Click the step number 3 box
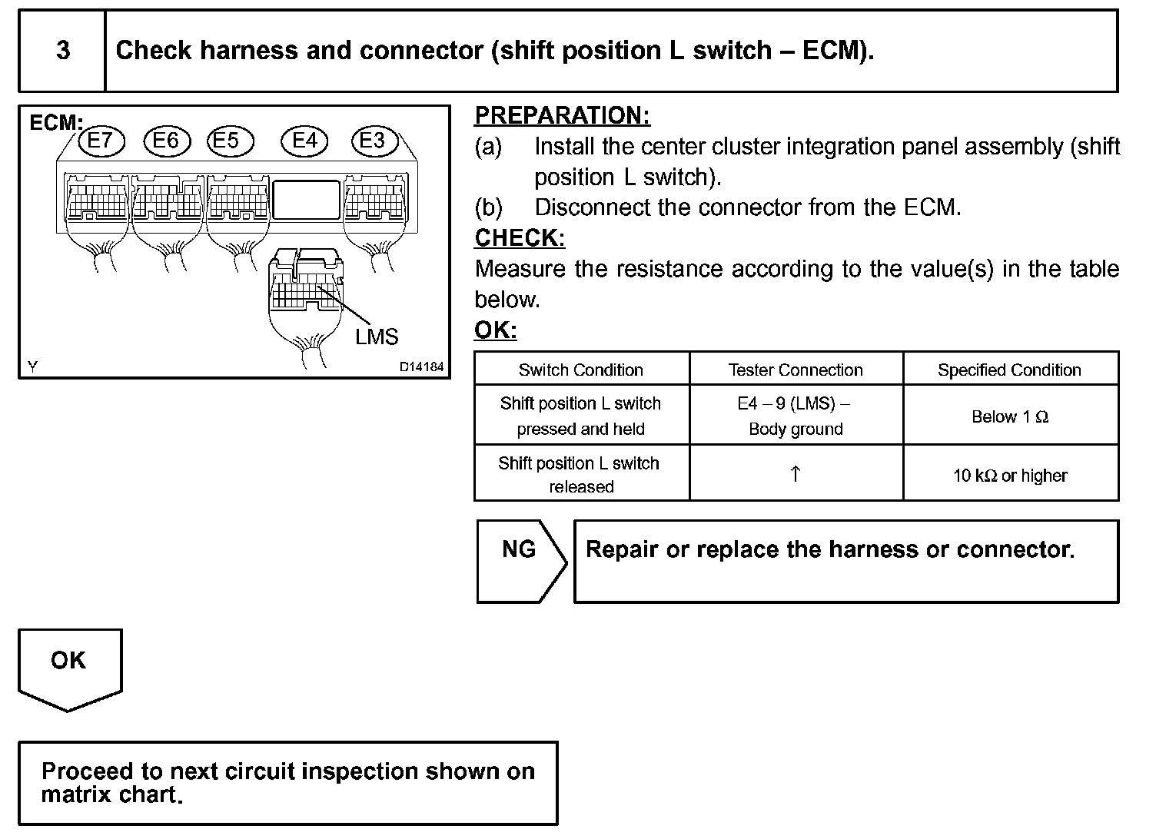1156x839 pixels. pyautogui.click(x=62, y=51)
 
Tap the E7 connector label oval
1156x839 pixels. pyautogui.click(x=100, y=141)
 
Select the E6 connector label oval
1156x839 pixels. pyautogui.click(x=165, y=141)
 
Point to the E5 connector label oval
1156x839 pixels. pyautogui.click(x=226, y=141)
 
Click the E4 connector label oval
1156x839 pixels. pyautogui.click(x=304, y=141)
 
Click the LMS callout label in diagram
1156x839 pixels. pyautogui.click(x=377, y=337)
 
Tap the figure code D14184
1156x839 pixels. pyautogui.click(x=421, y=367)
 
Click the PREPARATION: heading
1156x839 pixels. pyautogui.click(x=562, y=115)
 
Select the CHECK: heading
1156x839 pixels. pyautogui.click(x=520, y=238)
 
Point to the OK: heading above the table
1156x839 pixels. pyautogui.click(x=495, y=330)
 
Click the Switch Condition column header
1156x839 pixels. pyautogui.click(x=581, y=370)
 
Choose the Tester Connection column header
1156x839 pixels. pyautogui.click(x=796, y=370)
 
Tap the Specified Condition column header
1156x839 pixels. pyautogui.click(x=1009, y=370)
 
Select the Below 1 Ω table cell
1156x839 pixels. pyautogui.click(x=1010, y=416)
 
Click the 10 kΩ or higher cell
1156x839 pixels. pyautogui.click(x=1010, y=476)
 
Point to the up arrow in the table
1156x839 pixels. pyautogui.click(x=796, y=473)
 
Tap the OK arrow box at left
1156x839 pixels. pyautogui.click(x=69, y=665)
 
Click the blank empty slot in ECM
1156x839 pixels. pyautogui.click(x=306, y=199)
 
